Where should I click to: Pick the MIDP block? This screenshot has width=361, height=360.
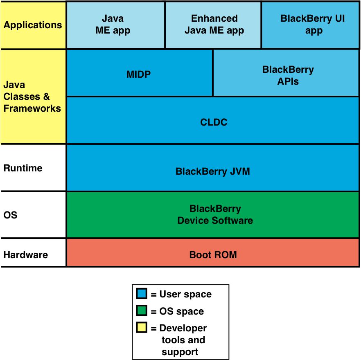pos(139,74)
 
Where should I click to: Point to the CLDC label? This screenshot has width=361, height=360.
pos(214,122)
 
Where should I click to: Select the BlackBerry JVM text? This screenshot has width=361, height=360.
pos(212,171)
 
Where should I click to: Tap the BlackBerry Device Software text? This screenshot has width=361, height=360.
pos(215,215)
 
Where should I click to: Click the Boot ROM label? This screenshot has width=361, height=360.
pos(213,255)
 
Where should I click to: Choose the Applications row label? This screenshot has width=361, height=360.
pos(33,25)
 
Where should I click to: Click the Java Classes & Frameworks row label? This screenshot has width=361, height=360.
pos(32,97)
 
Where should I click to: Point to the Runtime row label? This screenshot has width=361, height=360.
pos(23,168)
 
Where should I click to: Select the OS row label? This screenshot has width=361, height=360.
pos(11,215)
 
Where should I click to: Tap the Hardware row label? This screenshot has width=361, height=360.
pos(25,255)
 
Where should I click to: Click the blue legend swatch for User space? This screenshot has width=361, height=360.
pos(142,294)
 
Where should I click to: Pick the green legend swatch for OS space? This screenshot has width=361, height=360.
pos(142,311)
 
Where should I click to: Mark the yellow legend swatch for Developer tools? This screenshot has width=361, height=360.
pos(142,327)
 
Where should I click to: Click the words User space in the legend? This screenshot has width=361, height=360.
pos(185,294)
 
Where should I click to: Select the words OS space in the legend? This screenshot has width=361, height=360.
pos(181,311)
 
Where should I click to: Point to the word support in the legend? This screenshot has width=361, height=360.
pos(180,352)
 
